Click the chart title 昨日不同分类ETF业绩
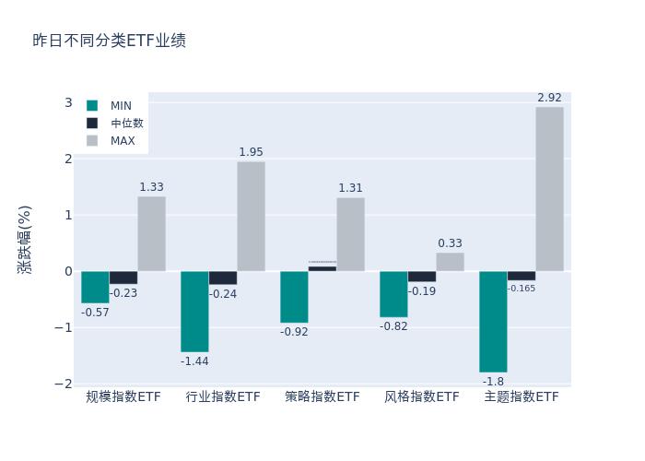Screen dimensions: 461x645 pos(109,41)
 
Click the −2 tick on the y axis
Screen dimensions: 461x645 pos(64,384)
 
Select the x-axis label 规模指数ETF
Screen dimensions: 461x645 pos(123,397)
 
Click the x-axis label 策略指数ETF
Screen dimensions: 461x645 pos(322,397)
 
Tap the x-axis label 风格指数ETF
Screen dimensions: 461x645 pos(422,397)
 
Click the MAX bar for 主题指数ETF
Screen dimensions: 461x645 pos(549,189)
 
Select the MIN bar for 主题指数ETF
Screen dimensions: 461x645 pos(493,322)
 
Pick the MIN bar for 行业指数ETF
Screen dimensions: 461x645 pos(194,312)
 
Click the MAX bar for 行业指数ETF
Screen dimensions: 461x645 pos(251,217)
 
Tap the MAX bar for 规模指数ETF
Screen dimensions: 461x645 pos(151,234)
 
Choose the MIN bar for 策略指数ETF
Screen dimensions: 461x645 pos(294,297)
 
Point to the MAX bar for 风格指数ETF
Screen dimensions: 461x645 pos(450,262)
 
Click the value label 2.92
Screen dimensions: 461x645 pos(549,98)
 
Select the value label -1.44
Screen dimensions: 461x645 pos(194,361)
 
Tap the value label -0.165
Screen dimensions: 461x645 pos(522,289)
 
